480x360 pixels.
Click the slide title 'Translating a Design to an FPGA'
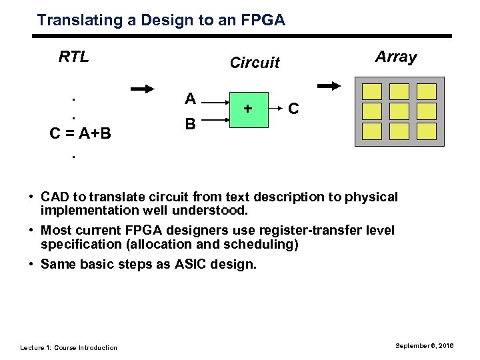pos(161,21)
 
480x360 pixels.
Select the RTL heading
pos(74,57)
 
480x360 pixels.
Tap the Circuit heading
pos(254,63)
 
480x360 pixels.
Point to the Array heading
pos(396,57)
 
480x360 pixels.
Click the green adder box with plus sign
pos(248,109)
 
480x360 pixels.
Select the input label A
pos(190,99)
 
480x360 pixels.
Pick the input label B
pos(190,124)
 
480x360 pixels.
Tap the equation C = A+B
pos(81,134)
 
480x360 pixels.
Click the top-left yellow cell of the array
pos(372,91)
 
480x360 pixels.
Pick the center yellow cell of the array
pos(399,111)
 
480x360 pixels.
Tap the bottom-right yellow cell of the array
pos(426,130)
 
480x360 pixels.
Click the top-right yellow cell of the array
pos(426,91)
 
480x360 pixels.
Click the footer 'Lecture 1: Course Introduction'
pos(69,347)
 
